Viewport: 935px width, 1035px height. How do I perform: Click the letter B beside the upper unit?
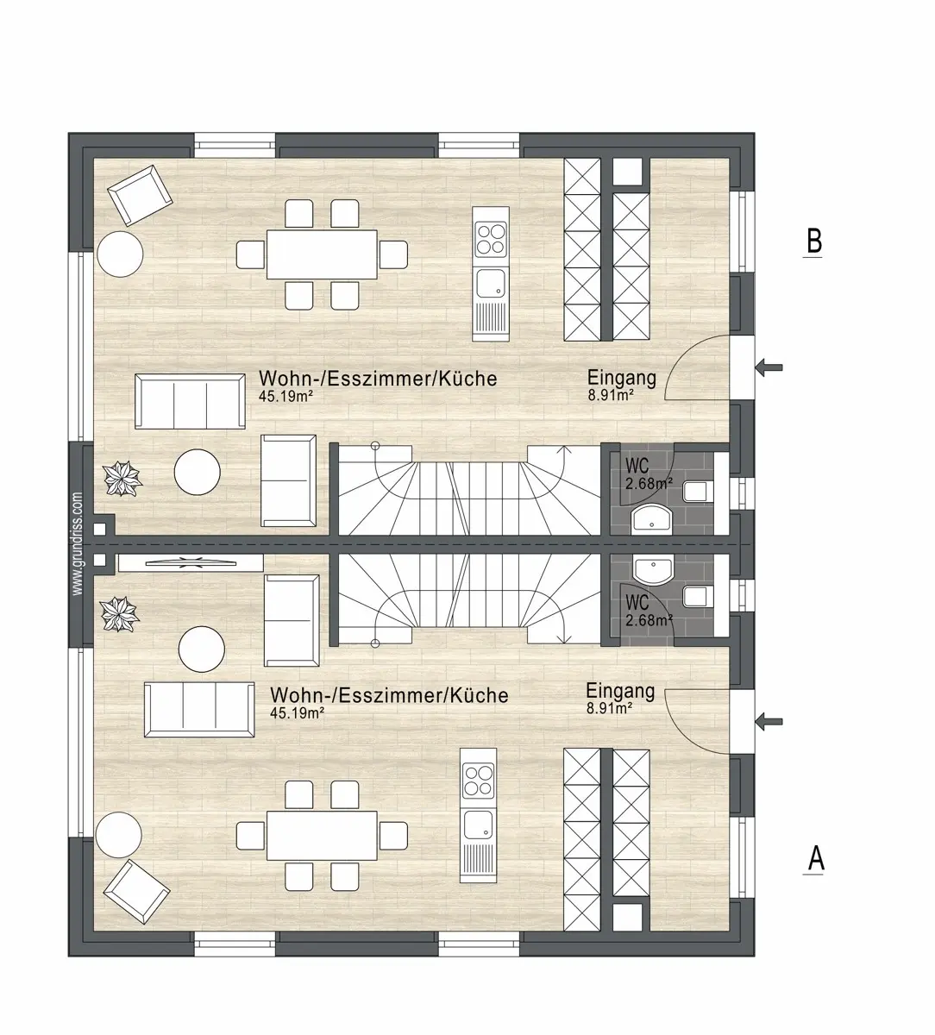pyautogui.click(x=813, y=241)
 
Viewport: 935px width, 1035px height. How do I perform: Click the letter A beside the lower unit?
pyautogui.click(x=815, y=857)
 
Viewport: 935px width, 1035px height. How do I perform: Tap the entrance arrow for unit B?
pyautogui.click(x=769, y=367)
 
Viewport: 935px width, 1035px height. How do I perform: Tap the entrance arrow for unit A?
pyautogui.click(x=769, y=722)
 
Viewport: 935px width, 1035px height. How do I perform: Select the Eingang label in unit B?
pyautogui.click(x=622, y=378)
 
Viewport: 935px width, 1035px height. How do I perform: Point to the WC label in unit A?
pyautogui.click(x=637, y=602)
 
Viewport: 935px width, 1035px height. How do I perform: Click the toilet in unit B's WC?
pyautogui.click(x=697, y=491)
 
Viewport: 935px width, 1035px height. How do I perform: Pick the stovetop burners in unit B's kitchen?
pyautogui.click(x=491, y=238)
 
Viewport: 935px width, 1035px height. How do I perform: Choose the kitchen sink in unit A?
pyautogui.click(x=478, y=826)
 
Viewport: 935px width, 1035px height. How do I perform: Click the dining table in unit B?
pyautogui.click(x=323, y=254)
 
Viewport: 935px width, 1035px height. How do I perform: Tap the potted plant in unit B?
pyautogui.click(x=122, y=479)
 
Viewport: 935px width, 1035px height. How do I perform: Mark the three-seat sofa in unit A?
pyautogui.click(x=200, y=710)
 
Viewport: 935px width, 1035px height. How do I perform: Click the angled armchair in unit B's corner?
pyautogui.click(x=140, y=196)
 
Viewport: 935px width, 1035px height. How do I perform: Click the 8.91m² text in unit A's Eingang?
pyautogui.click(x=610, y=708)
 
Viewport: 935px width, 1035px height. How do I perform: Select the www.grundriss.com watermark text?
pyautogui.click(x=78, y=544)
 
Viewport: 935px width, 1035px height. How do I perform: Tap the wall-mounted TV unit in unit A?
pyautogui.click(x=191, y=563)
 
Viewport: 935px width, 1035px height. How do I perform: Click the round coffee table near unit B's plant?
pyautogui.click(x=198, y=472)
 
